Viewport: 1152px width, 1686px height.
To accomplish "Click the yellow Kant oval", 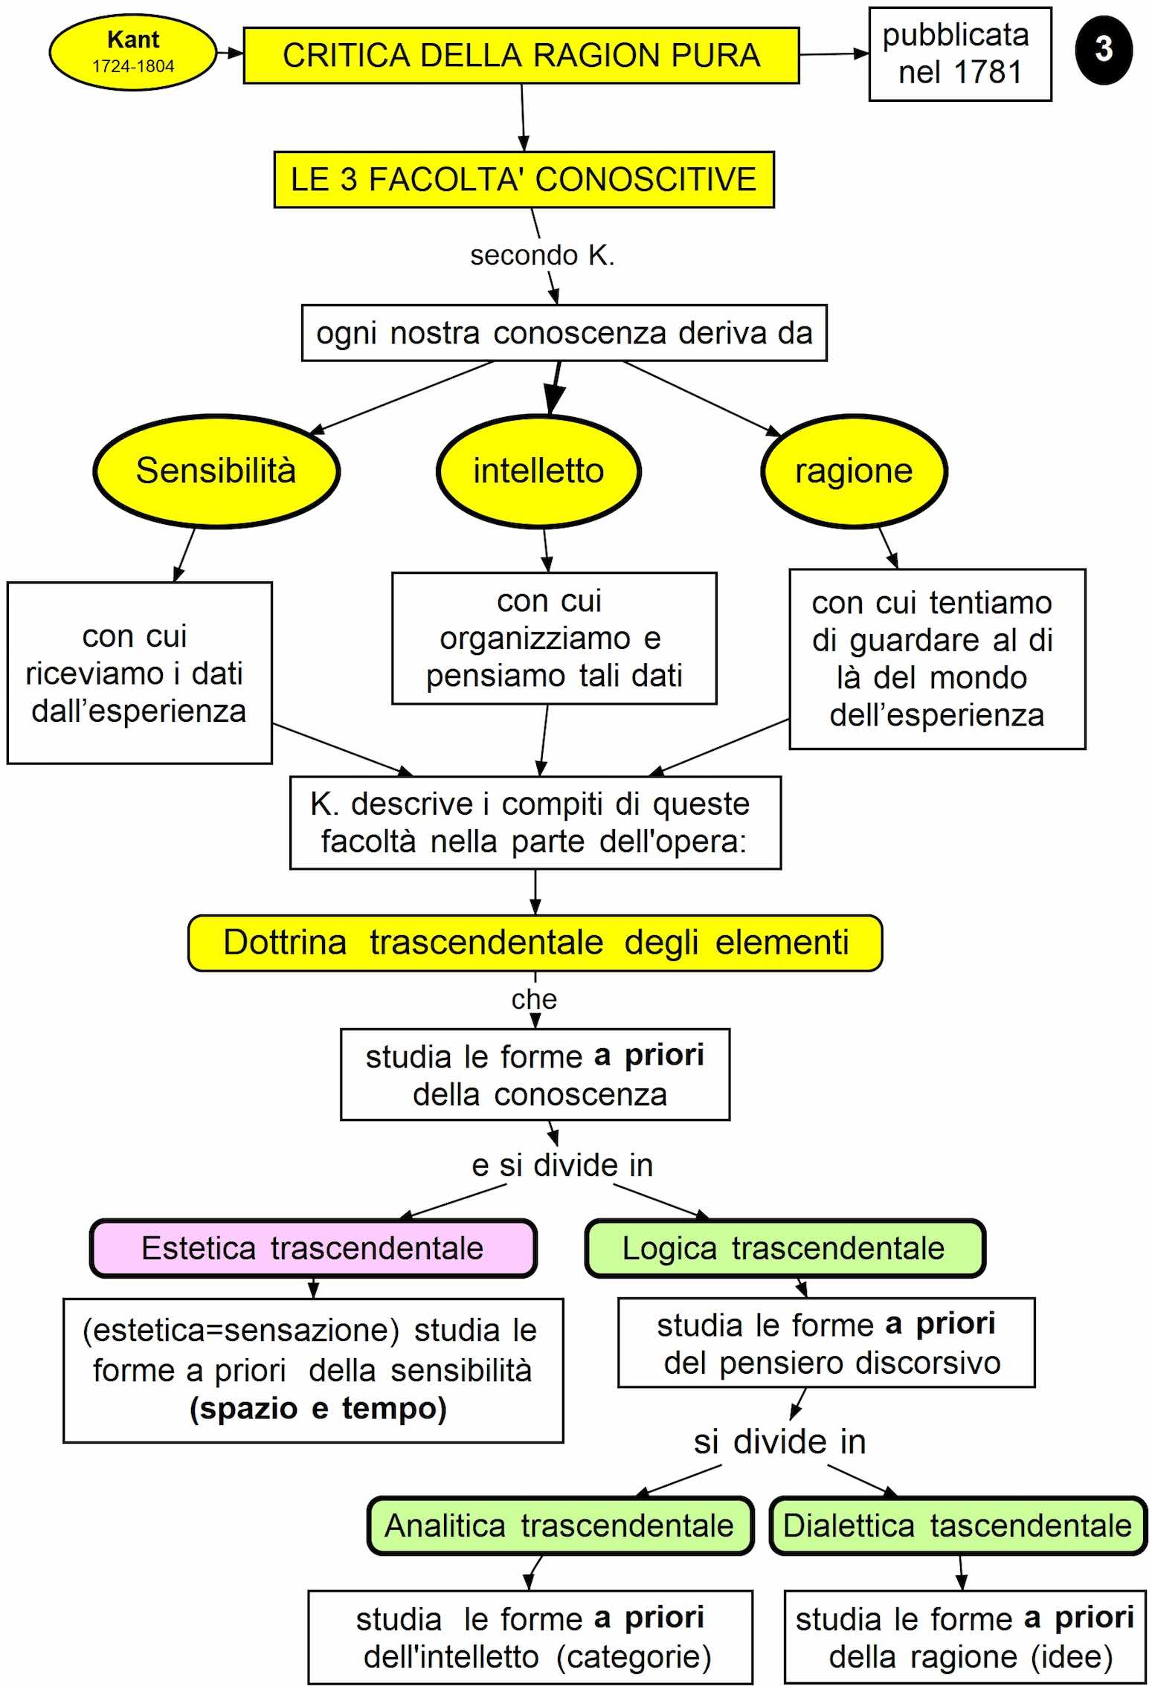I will click(132, 52).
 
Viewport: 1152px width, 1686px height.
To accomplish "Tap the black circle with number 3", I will click(1104, 50).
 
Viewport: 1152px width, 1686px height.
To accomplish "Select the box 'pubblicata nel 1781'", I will click(959, 54).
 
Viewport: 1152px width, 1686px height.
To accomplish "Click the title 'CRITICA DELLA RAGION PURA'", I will click(521, 56).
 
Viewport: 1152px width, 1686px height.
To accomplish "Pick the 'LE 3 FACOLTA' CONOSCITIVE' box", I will click(524, 179).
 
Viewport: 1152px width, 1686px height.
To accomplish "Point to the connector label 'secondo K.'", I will click(542, 255).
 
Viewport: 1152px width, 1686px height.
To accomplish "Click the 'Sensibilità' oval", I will click(216, 471).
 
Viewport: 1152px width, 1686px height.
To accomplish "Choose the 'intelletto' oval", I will click(538, 471).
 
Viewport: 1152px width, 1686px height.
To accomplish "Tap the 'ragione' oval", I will click(854, 471).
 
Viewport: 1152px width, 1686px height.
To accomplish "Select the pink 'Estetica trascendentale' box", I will click(313, 1248).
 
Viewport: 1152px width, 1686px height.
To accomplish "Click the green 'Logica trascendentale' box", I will click(784, 1248).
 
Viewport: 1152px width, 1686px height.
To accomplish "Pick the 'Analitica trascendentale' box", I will click(559, 1525).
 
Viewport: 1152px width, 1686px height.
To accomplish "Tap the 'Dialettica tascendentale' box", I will click(957, 1525).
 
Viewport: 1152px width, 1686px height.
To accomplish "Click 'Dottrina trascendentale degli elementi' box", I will click(535, 942).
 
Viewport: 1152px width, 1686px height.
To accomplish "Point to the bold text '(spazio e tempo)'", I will click(318, 1408).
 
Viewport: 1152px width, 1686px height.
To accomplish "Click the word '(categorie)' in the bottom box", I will click(634, 1656).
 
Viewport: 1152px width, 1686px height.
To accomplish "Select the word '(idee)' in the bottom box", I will click(1072, 1656).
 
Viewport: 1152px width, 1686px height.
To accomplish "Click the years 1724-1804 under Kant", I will click(133, 66).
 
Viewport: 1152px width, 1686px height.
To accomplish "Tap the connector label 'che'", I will click(534, 999).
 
